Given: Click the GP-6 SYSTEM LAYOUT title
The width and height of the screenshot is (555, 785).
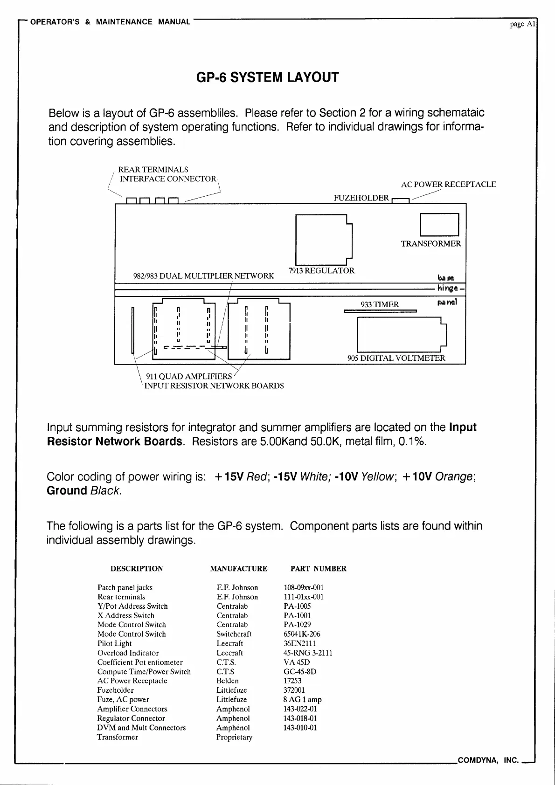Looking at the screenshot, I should [x=268, y=77].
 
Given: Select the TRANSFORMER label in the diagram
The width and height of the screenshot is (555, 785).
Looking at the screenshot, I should [x=430, y=244].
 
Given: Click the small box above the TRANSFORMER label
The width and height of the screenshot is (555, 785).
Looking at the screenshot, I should [x=439, y=224].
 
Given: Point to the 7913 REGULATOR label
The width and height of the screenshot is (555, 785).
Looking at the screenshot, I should [x=321, y=271].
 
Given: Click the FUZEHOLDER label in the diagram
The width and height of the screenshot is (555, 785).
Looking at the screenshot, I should [x=361, y=198].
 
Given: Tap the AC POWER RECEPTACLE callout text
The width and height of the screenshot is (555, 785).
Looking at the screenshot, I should [x=448, y=185].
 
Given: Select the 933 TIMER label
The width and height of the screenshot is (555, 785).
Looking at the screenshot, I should [x=380, y=305].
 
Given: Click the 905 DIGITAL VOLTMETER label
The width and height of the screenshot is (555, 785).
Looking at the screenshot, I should [x=396, y=358].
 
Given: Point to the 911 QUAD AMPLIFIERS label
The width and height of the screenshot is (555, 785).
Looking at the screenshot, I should [x=189, y=377].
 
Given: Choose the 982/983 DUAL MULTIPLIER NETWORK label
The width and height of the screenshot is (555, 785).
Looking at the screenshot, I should [x=204, y=276].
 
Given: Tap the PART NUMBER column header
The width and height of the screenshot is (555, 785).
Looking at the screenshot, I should [x=318, y=569].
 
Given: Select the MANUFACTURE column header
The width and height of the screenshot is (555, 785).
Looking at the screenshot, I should [x=239, y=569].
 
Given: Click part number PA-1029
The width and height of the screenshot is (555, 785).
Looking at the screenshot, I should [x=297, y=625].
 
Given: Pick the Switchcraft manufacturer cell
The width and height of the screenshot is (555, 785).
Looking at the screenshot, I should [x=234, y=634].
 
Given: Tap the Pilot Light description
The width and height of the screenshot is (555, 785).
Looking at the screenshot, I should [x=114, y=643].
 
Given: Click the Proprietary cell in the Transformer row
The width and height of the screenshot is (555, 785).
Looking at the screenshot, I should [x=234, y=737].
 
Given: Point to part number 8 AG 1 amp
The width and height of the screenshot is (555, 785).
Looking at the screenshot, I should [x=302, y=699].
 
